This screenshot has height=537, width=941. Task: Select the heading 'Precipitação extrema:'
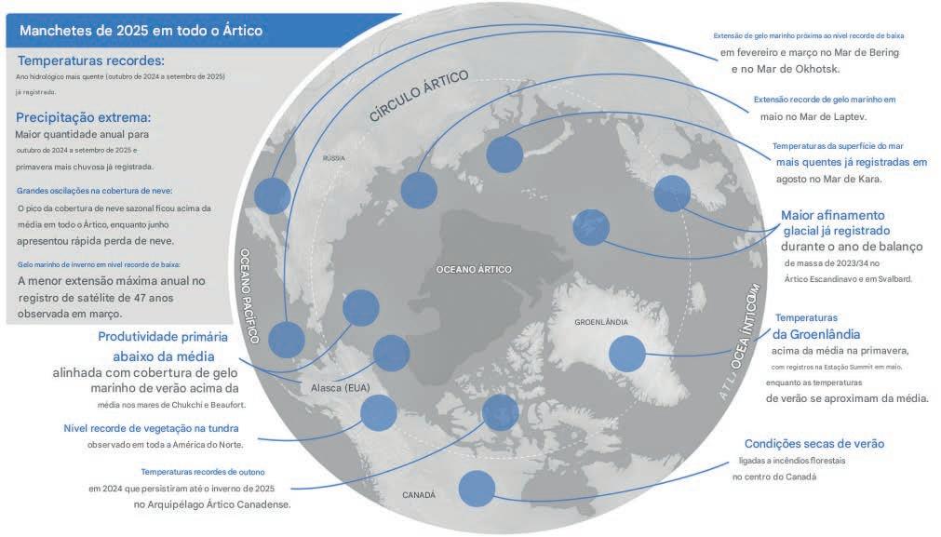tap(83, 118)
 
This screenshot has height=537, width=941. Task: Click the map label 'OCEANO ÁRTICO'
tap(474, 269)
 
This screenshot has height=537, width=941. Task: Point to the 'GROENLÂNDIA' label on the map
tap(601, 322)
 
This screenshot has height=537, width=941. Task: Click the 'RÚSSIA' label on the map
tap(333, 158)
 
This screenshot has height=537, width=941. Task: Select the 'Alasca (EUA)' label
tap(331, 386)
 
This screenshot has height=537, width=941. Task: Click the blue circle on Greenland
tap(627, 353)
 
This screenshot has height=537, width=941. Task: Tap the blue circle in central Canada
tap(477, 489)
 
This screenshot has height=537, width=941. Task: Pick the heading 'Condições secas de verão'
tap(814, 444)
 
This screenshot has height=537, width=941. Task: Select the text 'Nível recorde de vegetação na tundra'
tap(151, 429)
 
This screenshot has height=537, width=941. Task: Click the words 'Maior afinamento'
tap(833, 214)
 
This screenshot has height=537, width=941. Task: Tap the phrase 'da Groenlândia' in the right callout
tap(817, 334)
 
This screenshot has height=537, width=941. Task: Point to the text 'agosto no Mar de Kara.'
tap(829, 179)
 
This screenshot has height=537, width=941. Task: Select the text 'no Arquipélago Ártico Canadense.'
tap(212, 504)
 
